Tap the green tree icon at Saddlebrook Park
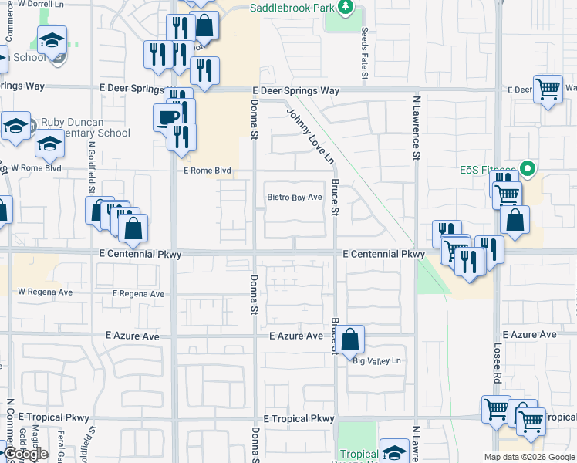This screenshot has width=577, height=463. [x=346, y=8]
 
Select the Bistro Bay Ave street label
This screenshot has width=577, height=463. [x=294, y=198]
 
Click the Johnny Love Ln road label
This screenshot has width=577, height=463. [x=310, y=137]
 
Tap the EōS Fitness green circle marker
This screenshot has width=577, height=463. [x=528, y=167]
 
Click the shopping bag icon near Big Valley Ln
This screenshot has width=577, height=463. [x=349, y=338]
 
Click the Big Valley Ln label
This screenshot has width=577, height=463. [x=378, y=361]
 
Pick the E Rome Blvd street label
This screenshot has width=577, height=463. [x=206, y=171]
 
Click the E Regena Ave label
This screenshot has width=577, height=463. [x=138, y=294]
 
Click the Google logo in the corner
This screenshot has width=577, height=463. [x=25, y=455]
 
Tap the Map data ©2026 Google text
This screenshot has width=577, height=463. [x=528, y=457]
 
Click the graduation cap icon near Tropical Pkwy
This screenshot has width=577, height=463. [x=394, y=452]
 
